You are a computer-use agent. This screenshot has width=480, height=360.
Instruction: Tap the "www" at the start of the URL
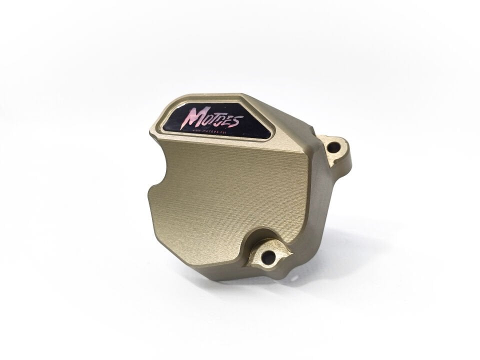196,130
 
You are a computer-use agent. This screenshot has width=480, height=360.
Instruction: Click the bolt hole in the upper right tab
333,147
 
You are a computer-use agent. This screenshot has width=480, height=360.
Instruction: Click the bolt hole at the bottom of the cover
268,257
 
